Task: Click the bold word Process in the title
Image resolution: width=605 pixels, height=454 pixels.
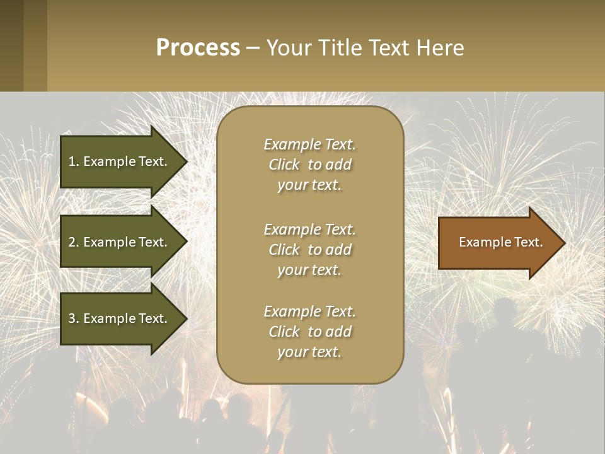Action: click(198, 48)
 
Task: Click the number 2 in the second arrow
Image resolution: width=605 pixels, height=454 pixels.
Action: click(71, 242)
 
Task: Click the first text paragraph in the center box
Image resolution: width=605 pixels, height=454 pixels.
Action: click(309, 165)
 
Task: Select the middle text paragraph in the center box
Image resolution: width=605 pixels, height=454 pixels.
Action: click(309, 250)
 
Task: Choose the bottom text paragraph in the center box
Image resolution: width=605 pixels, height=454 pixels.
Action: click(309, 332)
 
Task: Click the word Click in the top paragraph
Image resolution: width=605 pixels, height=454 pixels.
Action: click(284, 165)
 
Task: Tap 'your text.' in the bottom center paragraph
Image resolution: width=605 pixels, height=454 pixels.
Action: click(309, 352)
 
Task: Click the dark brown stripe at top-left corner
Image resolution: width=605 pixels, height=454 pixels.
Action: click(11, 45)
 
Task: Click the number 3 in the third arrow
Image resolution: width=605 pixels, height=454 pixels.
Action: click(71, 318)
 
